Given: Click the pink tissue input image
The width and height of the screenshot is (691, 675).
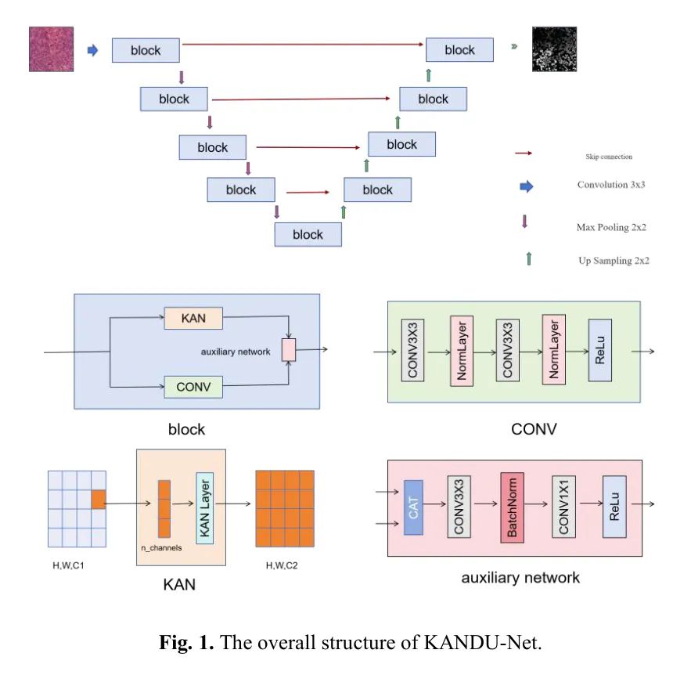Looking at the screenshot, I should (52, 49).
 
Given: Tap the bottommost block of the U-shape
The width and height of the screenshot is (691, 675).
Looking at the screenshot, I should (308, 234).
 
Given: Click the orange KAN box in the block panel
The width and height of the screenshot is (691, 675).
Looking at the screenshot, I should (193, 318).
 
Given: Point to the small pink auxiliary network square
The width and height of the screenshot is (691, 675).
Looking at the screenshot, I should (289, 350).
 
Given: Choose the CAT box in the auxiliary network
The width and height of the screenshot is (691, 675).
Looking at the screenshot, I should (413, 507).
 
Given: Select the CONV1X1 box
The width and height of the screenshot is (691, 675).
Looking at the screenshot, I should (562, 507).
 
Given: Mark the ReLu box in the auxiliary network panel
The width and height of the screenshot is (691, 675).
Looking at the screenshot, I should (614, 507).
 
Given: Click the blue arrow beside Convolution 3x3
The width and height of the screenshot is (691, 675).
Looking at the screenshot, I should (527, 186).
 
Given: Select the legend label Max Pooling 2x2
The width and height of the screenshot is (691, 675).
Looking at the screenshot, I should (610, 227).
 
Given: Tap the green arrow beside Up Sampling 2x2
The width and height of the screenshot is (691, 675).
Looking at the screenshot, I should (529, 258).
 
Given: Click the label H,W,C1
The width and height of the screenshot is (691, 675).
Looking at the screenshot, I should (68, 565).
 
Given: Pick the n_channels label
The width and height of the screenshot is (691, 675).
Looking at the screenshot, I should (162, 547).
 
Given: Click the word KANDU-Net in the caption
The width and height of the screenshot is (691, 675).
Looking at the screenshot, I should (482, 644).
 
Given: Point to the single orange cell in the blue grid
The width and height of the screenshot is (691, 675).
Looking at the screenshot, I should (98, 499).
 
